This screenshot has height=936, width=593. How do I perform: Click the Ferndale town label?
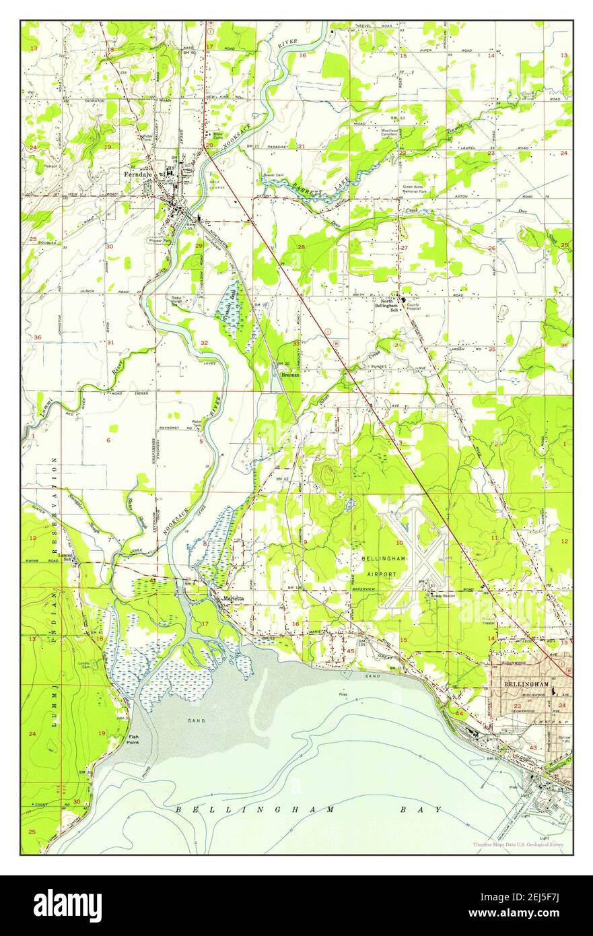coord(139,174)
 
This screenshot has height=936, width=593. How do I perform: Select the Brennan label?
coord(289,375)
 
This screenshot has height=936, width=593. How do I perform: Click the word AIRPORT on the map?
coord(382,568)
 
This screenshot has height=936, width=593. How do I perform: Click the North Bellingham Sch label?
coord(386,304)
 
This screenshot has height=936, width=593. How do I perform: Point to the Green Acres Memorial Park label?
coord(417,188)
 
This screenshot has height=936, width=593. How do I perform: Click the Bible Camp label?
coord(218,136)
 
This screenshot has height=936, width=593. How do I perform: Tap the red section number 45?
coord(351,650)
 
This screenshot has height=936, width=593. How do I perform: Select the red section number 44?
coord(459,712)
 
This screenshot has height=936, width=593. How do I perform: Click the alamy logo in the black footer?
coord(67,906)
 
